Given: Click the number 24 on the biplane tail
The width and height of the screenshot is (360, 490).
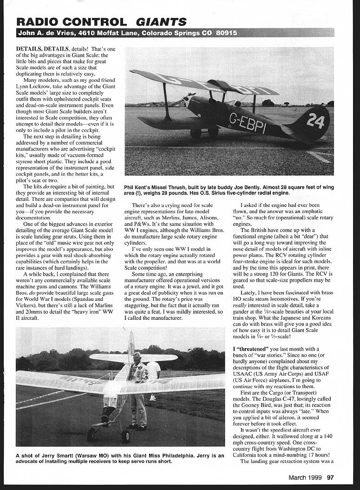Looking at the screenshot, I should point(315,120).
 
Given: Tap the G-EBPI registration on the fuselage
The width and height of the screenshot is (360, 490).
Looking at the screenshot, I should point(248,123).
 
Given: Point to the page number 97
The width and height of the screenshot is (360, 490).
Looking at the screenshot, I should point(330,477).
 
